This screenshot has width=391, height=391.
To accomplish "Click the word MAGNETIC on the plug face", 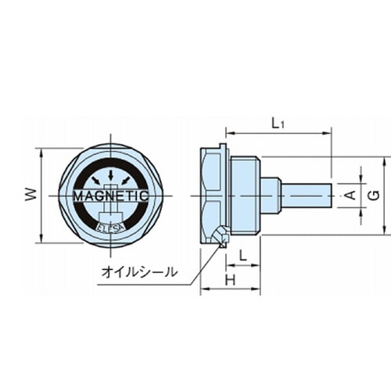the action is (111, 195).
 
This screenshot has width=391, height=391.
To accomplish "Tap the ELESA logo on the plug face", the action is (111, 228).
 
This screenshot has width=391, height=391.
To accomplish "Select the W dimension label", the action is (30, 195).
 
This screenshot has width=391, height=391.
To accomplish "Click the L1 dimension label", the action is (278, 124).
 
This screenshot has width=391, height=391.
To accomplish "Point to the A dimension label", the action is (351, 195).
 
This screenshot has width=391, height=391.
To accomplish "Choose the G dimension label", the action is (375, 195).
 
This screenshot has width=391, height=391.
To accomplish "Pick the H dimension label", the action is (230, 280).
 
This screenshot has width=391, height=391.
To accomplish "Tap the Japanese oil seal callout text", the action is (139, 272).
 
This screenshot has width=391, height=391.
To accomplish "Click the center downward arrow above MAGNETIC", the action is (111, 175).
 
